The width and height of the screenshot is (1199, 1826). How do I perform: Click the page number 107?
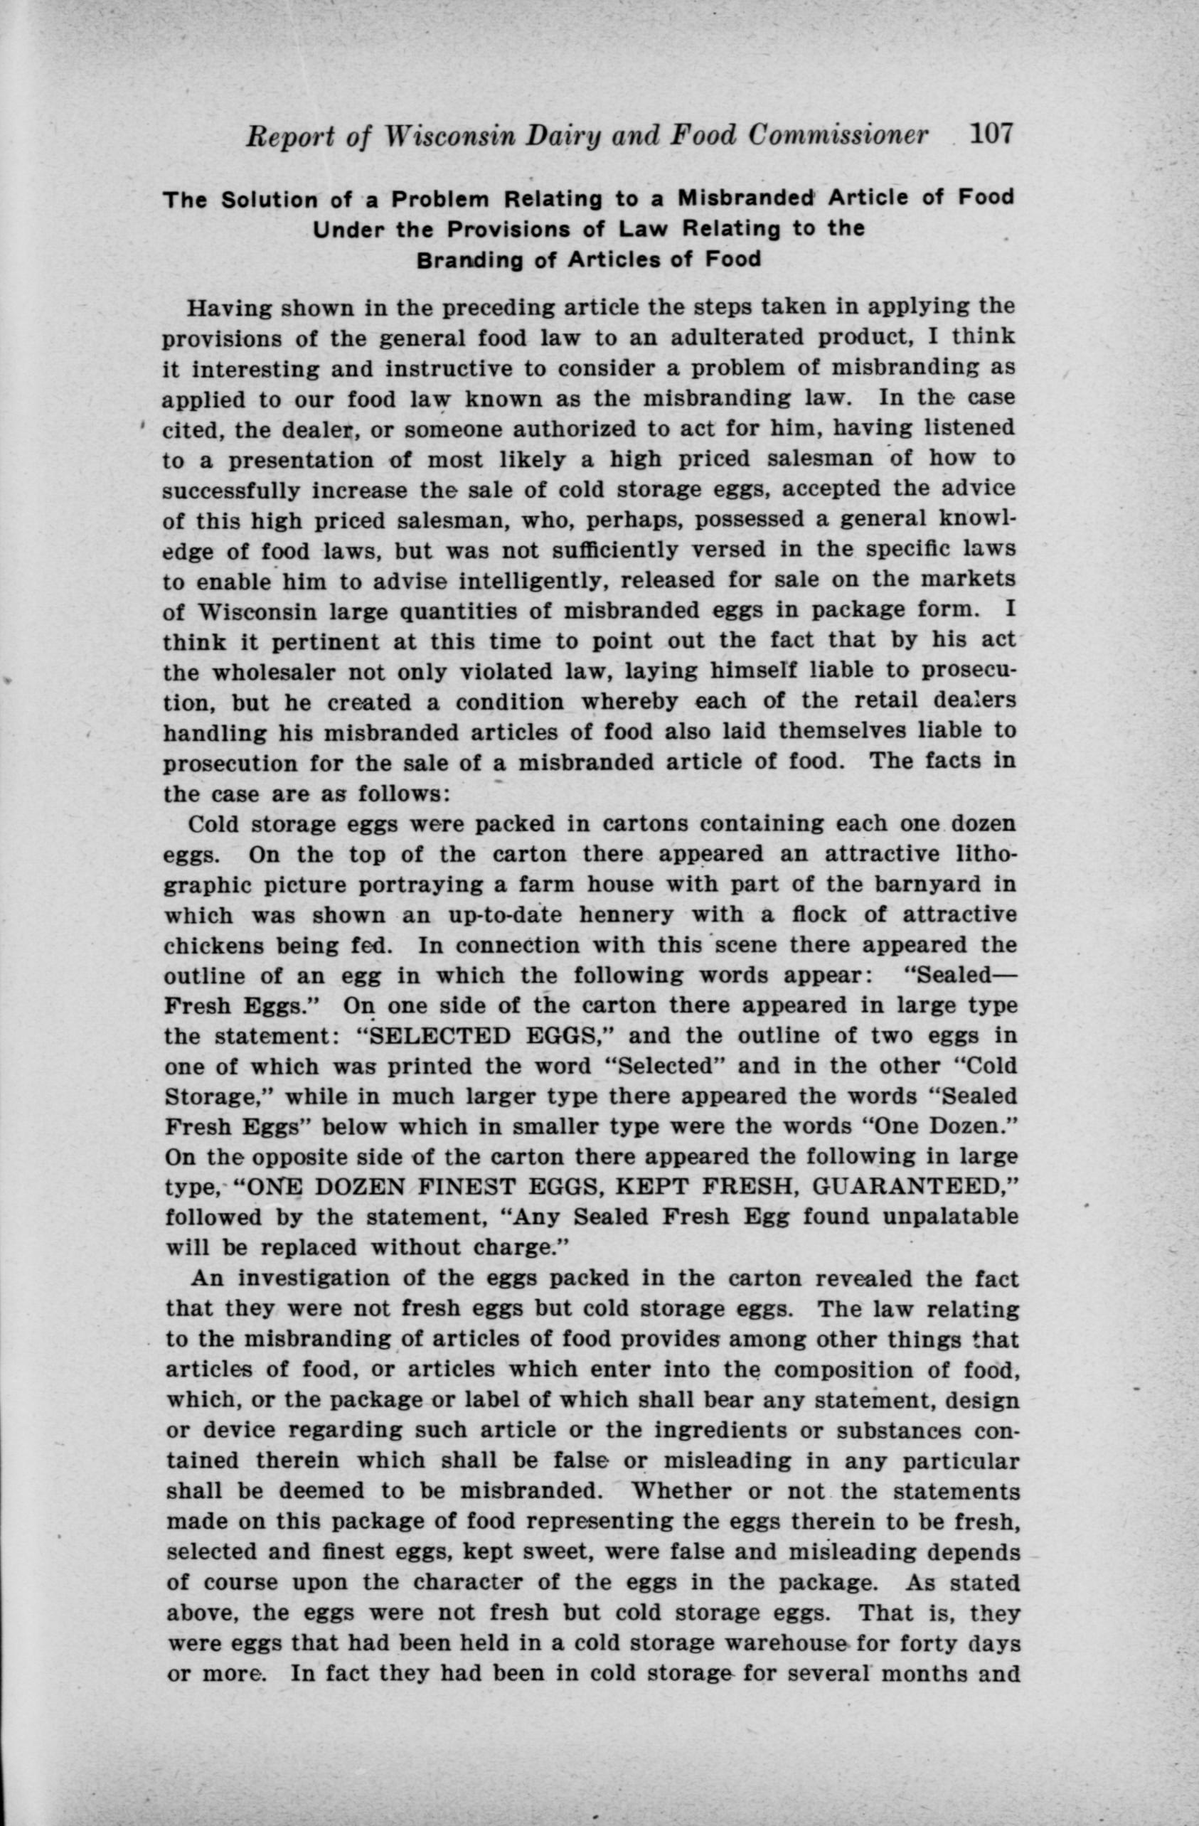[x=991, y=135]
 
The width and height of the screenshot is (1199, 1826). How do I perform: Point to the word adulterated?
[x=737, y=338]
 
